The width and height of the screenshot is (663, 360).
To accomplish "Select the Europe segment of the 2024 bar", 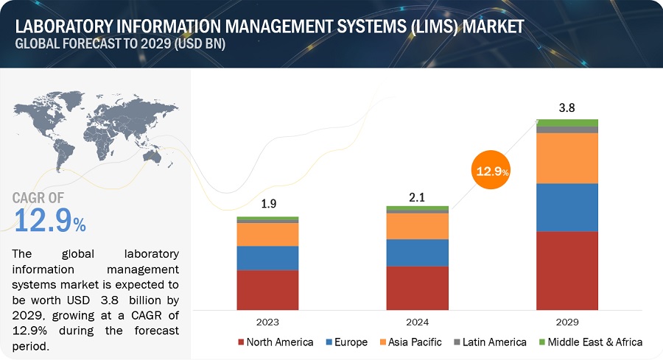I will (417, 253).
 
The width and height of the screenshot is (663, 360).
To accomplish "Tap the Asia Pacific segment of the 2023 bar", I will (267, 234).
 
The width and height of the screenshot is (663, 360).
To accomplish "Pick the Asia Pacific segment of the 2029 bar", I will (567, 158).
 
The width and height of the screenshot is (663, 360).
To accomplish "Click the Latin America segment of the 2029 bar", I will (567, 130).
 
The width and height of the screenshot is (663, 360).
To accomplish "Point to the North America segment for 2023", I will (267, 289).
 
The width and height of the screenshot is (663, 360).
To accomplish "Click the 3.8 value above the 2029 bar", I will (567, 107).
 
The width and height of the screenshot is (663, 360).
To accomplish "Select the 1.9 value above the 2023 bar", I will (267, 206).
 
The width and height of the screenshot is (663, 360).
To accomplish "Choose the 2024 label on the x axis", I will (417, 322).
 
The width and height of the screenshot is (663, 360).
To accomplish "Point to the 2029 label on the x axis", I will (567, 322).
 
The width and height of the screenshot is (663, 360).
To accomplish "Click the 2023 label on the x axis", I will (267, 322).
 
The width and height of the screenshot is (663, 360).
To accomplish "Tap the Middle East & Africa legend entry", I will (594, 342).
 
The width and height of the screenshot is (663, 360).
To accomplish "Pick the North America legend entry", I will (277, 342).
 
